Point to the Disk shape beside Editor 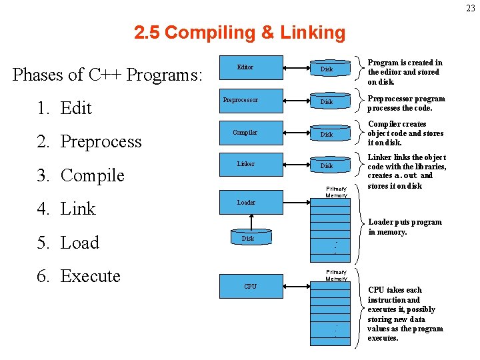tap(327, 69)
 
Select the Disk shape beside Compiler tap(327, 134)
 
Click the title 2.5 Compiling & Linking tap(239, 33)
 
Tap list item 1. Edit tap(65, 108)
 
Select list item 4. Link tap(67, 209)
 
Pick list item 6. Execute tap(79, 276)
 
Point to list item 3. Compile tap(81, 175)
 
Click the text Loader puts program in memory tap(405, 227)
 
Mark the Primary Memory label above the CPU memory tap(336, 275)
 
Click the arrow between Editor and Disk tap(296, 67)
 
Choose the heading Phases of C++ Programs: tap(107, 75)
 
